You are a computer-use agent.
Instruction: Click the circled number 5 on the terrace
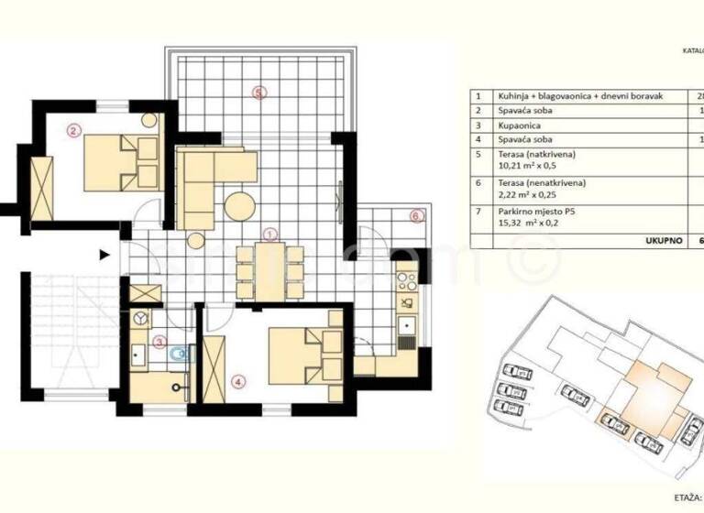click(259, 93)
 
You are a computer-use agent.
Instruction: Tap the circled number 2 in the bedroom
click(74, 130)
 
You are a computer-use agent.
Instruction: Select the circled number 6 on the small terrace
click(415, 217)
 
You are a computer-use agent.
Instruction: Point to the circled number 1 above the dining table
click(269, 235)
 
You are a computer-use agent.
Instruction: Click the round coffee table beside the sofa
click(241, 205)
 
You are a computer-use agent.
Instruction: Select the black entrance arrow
click(104, 256)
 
